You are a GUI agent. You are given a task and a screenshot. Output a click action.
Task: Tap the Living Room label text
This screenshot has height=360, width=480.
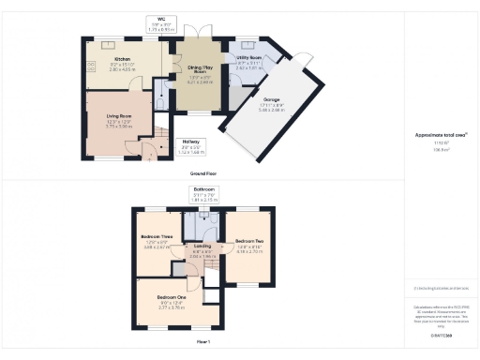click(118, 117)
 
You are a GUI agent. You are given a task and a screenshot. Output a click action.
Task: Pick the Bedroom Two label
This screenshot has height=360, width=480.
click(248, 245)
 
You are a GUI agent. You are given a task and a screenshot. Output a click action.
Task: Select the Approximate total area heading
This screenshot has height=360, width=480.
click(436, 135)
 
